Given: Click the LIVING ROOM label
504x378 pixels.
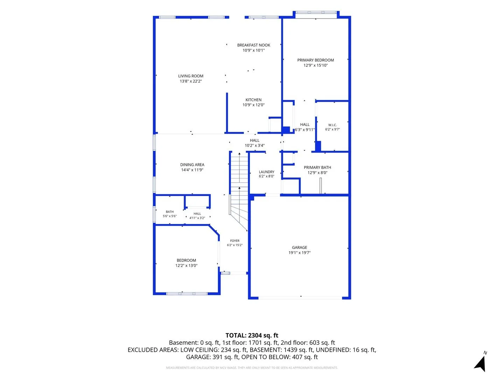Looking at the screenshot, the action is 191,76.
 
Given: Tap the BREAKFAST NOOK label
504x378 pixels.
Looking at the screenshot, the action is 253,45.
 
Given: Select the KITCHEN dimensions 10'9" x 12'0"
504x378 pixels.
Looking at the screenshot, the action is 253,105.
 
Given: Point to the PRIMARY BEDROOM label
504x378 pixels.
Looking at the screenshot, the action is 315,60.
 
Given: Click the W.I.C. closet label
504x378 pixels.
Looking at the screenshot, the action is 332,125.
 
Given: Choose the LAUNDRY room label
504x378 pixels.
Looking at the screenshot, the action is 266,172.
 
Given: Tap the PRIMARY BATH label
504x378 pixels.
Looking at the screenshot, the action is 317,168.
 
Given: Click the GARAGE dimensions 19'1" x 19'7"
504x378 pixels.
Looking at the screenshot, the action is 299,253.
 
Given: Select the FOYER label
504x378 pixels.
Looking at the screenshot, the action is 234,241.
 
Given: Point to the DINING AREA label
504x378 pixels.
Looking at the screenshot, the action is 192,165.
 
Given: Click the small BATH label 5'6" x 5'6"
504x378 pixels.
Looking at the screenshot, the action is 170,212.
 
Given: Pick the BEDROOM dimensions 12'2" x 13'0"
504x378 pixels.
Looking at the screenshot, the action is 186,266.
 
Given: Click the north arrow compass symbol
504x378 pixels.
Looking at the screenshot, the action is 480,363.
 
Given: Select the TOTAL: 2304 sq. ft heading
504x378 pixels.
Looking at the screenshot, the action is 252,335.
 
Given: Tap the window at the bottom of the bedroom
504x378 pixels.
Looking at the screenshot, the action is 187,294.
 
